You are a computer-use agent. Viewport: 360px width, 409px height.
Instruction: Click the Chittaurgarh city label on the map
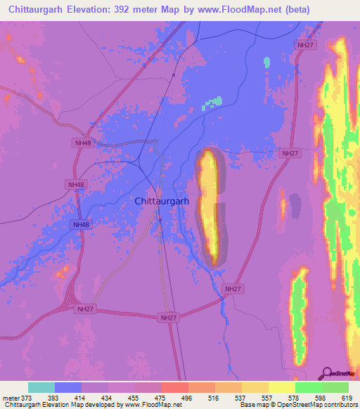(162, 201)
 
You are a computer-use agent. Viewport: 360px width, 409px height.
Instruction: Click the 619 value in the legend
(347, 398)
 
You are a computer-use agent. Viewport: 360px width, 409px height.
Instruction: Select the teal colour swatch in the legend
(41, 387)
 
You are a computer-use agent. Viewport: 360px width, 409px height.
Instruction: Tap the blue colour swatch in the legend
(68, 387)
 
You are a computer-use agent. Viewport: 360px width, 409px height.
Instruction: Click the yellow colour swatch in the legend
(281, 387)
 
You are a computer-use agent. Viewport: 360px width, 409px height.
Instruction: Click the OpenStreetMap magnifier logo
(326, 372)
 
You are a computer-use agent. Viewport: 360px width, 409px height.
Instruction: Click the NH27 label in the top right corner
(304, 44)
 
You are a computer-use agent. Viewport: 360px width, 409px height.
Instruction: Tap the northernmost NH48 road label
(83, 143)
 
